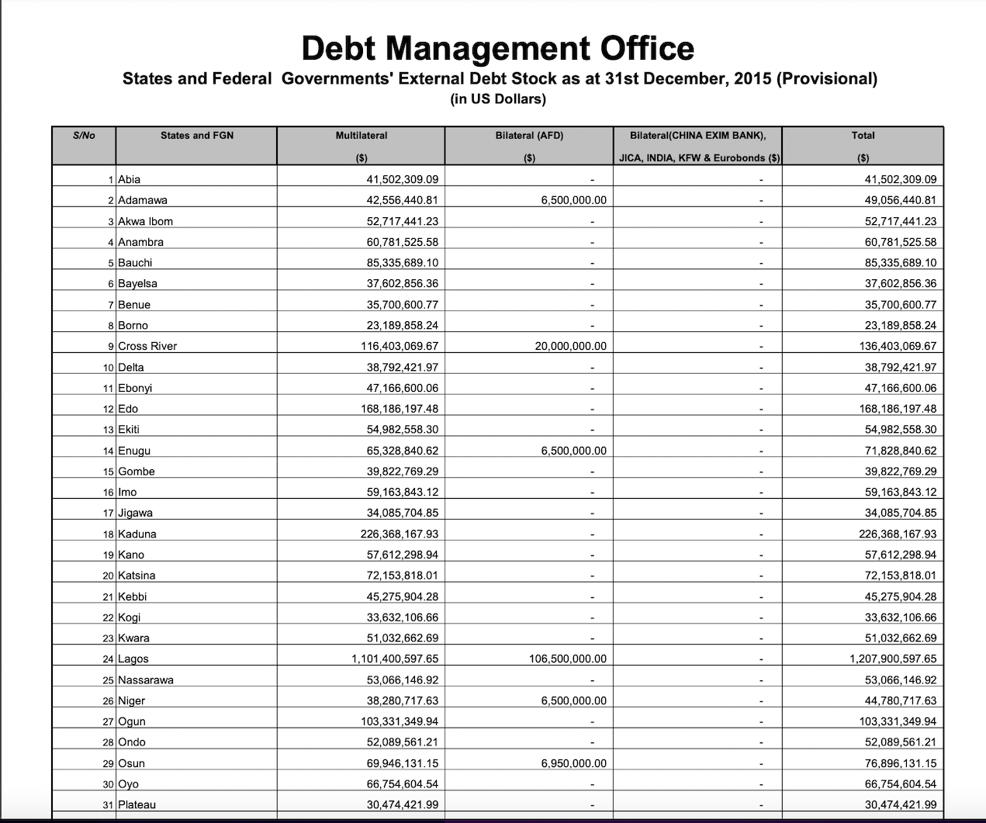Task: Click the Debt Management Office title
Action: click(497, 48)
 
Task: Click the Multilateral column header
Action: click(361, 136)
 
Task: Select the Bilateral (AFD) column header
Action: click(529, 136)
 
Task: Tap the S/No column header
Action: click(84, 136)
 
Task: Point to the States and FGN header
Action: click(197, 136)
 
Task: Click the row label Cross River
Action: click(147, 347)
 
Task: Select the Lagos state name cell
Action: click(133, 659)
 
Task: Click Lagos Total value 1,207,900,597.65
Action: click(893, 659)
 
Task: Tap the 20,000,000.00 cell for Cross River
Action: click(571, 347)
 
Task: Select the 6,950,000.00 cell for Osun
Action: click(574, 763)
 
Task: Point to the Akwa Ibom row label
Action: click(145, 222)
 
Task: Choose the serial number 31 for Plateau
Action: click(109, 805)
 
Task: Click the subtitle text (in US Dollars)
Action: click(498, 99)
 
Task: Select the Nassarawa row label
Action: click(146, 680)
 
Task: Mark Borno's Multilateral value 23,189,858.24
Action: click(402, 326)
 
